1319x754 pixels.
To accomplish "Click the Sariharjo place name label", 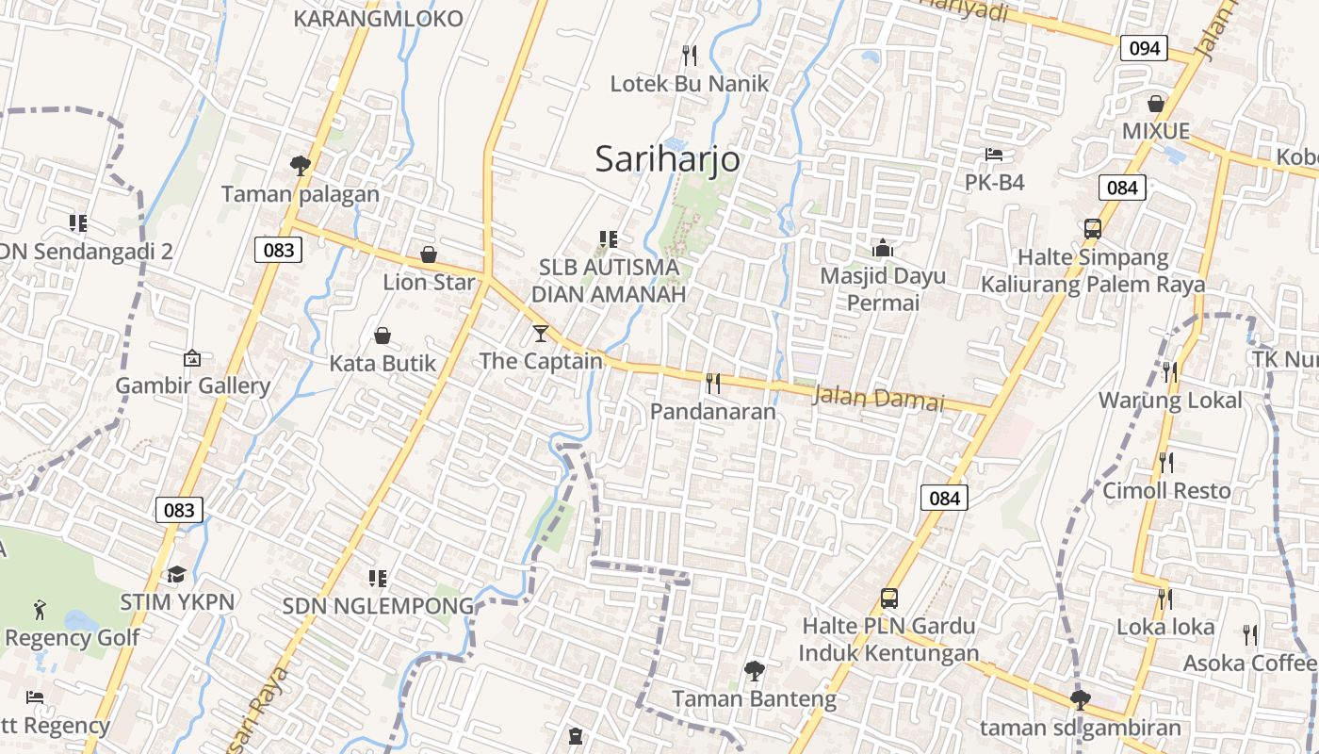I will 667,160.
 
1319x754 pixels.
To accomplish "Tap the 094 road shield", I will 1144,48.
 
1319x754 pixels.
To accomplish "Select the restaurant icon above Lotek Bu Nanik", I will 690,55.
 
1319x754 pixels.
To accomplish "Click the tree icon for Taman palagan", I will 301,166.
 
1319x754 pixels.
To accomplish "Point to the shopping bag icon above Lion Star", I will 429,254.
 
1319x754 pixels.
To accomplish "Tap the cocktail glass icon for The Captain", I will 540,333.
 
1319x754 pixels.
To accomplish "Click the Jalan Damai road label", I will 877,399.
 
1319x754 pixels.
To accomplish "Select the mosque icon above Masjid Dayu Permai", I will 883,248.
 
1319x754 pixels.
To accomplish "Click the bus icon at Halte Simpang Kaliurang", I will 1093,228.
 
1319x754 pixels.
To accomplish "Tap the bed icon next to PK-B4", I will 994,155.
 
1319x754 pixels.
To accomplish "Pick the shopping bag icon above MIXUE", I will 1156,103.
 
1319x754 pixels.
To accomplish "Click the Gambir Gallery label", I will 192,385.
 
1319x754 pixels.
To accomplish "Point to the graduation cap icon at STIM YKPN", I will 176,574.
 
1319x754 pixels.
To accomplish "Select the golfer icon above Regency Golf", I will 40,608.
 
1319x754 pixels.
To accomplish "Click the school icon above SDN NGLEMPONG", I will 378,578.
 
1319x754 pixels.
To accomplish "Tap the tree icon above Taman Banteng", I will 754,671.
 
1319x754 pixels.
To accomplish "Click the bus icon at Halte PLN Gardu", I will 889,598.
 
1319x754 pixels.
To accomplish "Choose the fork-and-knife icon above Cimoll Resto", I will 1166,462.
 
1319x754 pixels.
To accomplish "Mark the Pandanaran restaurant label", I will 713,412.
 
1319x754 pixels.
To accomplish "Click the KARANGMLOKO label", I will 379,18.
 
